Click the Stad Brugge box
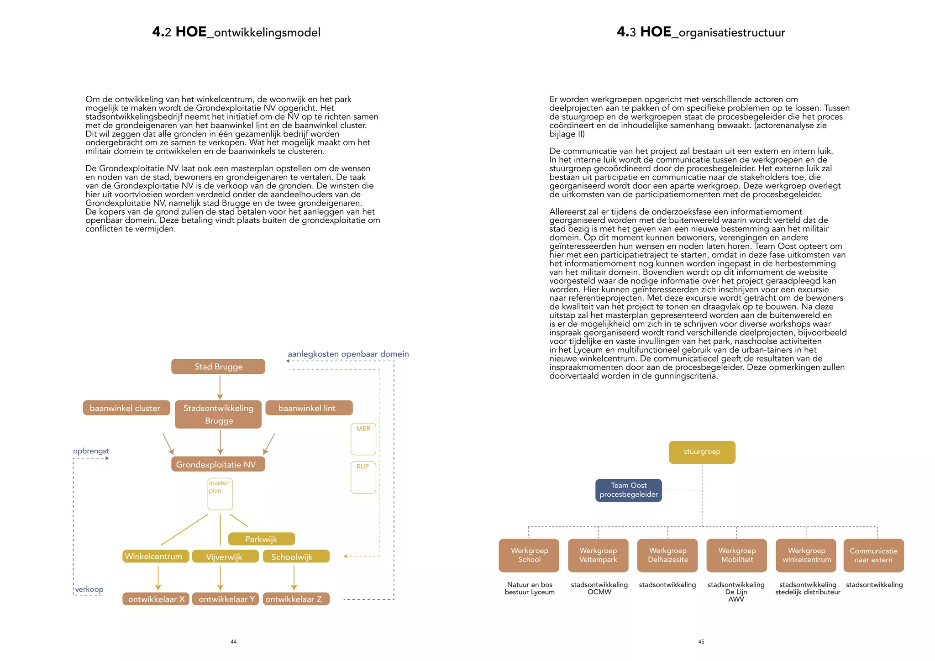coord(218,367)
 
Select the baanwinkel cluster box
coord(126,408)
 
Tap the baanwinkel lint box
coord(309,408)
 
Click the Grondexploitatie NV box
coord(218,464)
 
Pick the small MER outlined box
coord(363,439)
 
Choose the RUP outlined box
coord(363,477)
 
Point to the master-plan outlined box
coord(220,494)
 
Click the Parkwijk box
coord(261,539)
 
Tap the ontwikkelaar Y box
coord(226,599)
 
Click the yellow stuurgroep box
coord(702,452)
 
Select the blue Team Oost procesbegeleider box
coord(628,490)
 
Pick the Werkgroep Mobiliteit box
coord(736,555)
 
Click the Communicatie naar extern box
coord(873,556)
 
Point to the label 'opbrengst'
coord(91,451)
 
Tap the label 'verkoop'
coord(89,589)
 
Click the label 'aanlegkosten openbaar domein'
coord(348,354)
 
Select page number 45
coord(701,642)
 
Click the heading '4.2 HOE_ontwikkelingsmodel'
coord(236,32)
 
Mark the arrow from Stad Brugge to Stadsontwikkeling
coord(220,387)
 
